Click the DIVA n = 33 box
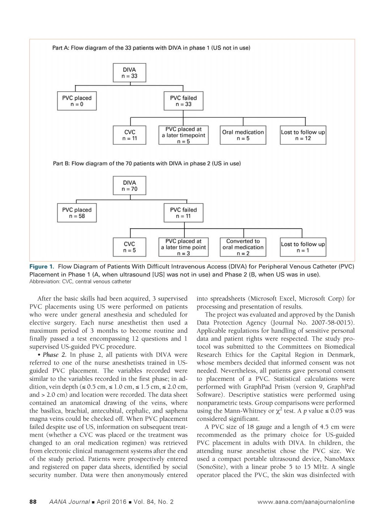[x=129, y=73]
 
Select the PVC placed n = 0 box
[x=77, y=101]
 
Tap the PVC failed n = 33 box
[x=183, y=101]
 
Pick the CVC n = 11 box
[x=129, y=135]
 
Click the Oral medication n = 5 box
[x=243, y=135]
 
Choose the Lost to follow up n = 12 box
[x=303, y=135]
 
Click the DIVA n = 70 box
[x=129, y=186]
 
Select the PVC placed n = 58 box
[x=77, y=213]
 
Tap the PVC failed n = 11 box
[x=183, y=213]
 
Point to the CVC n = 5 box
[x=129, y=247]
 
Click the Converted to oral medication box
[x=243, y=247]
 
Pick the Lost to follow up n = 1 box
[x=303, y=247]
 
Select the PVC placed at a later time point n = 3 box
[x=183, y=247]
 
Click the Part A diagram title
[x=151, y=48]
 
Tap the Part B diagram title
[x=147, y=163]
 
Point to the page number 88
[x=33, y=502]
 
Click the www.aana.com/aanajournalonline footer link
[x=306, y=502]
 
